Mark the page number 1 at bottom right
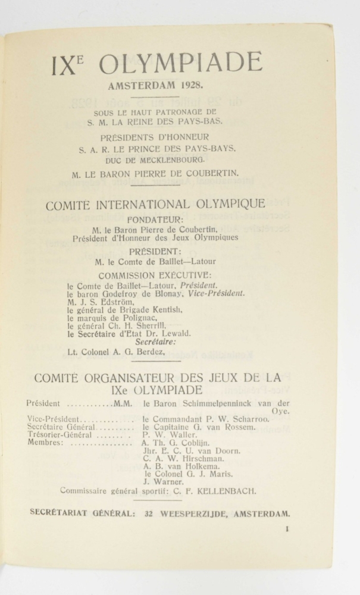point(286,528)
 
